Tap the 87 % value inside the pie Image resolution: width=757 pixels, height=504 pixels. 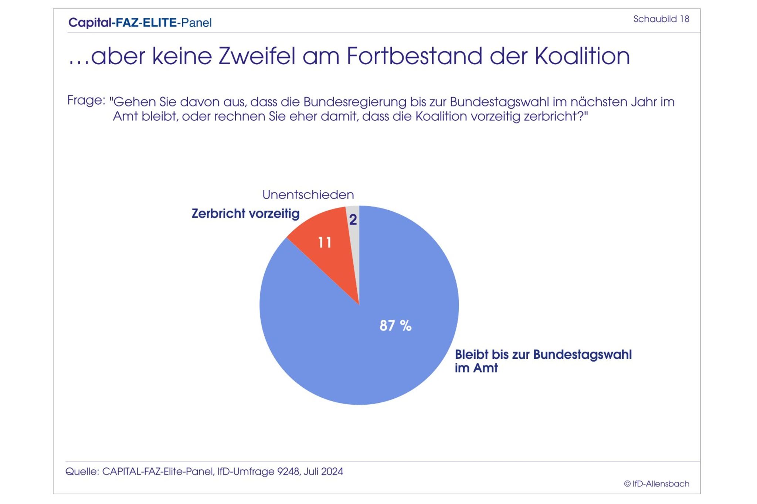coord(395,326)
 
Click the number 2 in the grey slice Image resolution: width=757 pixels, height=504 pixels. coord(353,220)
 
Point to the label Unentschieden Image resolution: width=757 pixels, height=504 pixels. coord(308,195)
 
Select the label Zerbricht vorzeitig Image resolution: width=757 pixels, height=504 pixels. coord(245,214)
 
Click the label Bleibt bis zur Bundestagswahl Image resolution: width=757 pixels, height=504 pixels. coord(543,355)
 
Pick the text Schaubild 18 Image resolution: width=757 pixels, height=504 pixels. coord(661,19)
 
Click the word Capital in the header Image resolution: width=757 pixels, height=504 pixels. coord(89,23)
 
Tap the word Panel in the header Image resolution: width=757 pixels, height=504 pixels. coord(196,23)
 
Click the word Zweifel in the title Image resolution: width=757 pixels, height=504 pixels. coord(257,57)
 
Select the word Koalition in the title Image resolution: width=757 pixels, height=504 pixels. coord(582,57)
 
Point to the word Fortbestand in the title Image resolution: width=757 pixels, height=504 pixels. coord(414,57)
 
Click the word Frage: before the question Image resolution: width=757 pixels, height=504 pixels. coord(86,101)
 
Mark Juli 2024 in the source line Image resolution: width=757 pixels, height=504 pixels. coord(323,472)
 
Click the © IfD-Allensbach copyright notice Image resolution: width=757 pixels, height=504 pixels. coord(656,484)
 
